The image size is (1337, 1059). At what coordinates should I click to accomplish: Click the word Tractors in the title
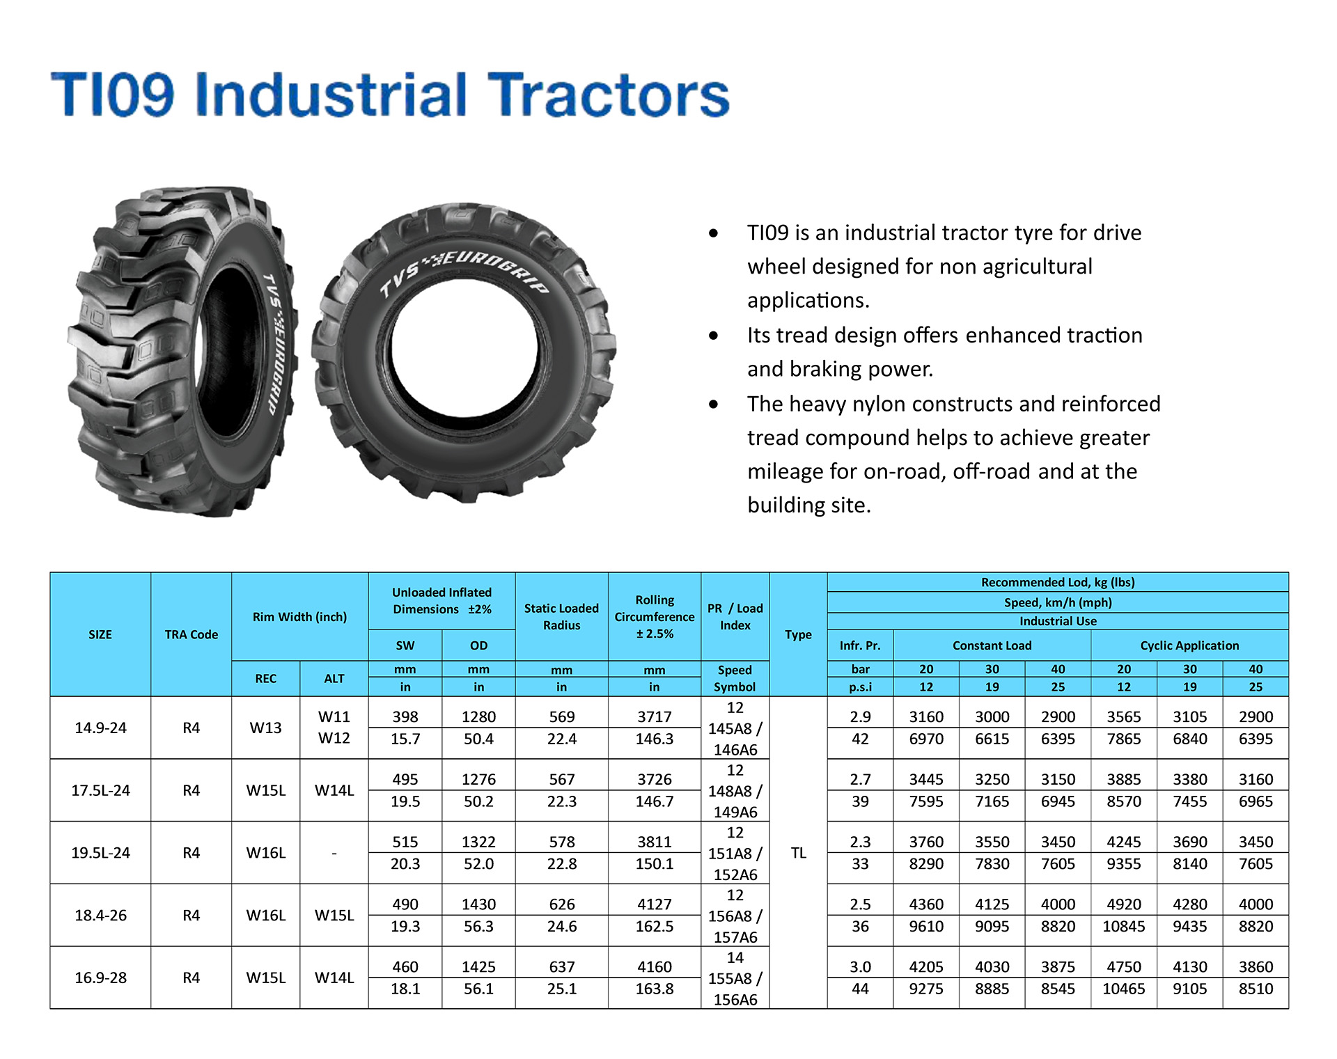tap(608, 95)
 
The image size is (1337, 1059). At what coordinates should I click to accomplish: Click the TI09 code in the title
tap(112, 95)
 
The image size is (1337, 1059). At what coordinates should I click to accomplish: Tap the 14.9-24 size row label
tap(101, 728)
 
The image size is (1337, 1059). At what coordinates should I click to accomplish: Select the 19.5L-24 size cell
tap(101, 853)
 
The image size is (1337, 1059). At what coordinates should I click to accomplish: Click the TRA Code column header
tap(191, 634)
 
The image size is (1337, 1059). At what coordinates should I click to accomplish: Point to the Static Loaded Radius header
tap(561, 617)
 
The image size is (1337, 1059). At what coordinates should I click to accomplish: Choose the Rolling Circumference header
tap(655, 617)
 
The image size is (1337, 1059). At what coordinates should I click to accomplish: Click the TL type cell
tap(799, 853)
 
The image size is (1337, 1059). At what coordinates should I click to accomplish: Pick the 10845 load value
tap(1124, 927)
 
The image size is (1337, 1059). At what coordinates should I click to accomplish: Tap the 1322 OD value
tap(479, 842)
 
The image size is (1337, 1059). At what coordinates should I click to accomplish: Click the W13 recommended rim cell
tap(266, 728)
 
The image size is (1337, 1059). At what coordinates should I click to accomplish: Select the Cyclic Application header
tap(1189, 645)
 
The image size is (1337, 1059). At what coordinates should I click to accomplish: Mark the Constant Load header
tap(992, 645)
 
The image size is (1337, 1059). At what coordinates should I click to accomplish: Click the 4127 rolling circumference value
tap(655, 904)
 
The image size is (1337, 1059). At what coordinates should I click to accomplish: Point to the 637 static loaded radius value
tap(562, 967)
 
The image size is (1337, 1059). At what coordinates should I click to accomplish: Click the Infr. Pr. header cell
tap(861, 645)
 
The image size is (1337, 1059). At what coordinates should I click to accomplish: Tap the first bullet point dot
tap(713, 233)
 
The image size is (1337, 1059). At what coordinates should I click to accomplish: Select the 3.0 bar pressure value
tap(861, 967)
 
